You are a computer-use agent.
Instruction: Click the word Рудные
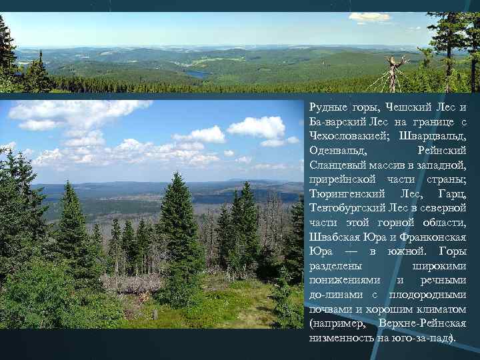(328, 109)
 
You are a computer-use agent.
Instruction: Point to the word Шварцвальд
(436, 137)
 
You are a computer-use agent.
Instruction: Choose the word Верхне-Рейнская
(422, 323)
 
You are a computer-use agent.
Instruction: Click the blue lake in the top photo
(198, 75)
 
